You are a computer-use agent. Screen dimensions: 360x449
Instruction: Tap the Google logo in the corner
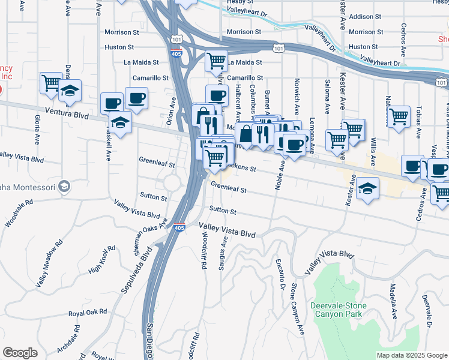pos(20,353)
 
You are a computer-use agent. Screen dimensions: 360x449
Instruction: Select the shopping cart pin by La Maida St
pos(216,61)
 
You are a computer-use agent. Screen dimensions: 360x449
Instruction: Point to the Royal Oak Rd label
pos(87,313)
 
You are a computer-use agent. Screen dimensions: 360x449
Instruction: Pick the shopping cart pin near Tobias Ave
pos(399,117)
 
